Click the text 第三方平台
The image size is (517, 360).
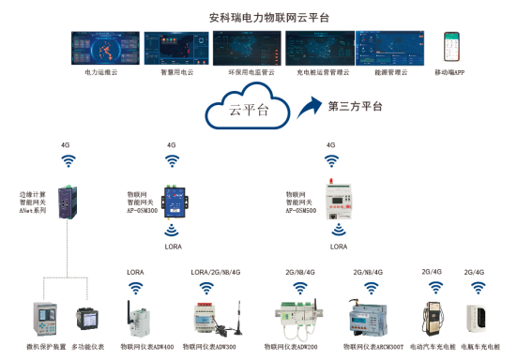tap(355, 107)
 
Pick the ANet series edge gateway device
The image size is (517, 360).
tap(68, 201)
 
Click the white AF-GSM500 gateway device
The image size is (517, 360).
tap(335, 200)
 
